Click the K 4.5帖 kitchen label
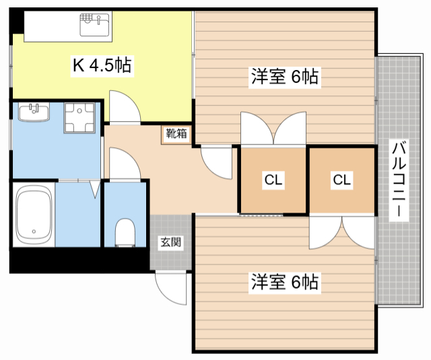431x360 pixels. (102, 65)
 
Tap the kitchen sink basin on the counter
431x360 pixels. (94, 25)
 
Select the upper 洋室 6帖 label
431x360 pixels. (285, 76)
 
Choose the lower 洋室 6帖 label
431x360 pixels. (285, 282)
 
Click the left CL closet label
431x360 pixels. (273, 180)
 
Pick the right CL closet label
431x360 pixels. (341, 180)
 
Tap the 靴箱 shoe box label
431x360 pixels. (176, 134)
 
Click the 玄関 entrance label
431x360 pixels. (170, 242)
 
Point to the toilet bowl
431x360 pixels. (125, 232)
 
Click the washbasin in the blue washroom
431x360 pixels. (34, 112)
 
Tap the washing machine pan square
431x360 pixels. (79, 118)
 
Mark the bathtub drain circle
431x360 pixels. (34, 231)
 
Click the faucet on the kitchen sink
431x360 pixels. (99, 20)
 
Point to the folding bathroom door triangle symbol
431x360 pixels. (95, 189)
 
